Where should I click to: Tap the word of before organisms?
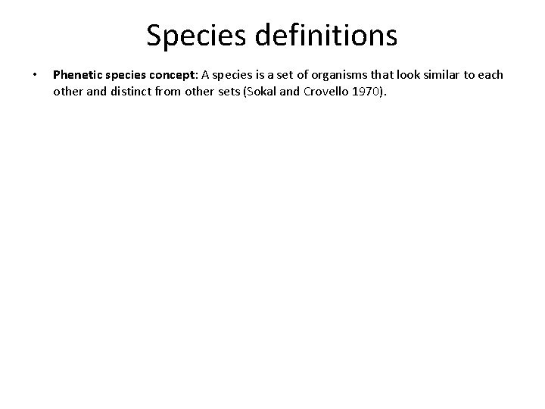(305, 75)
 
